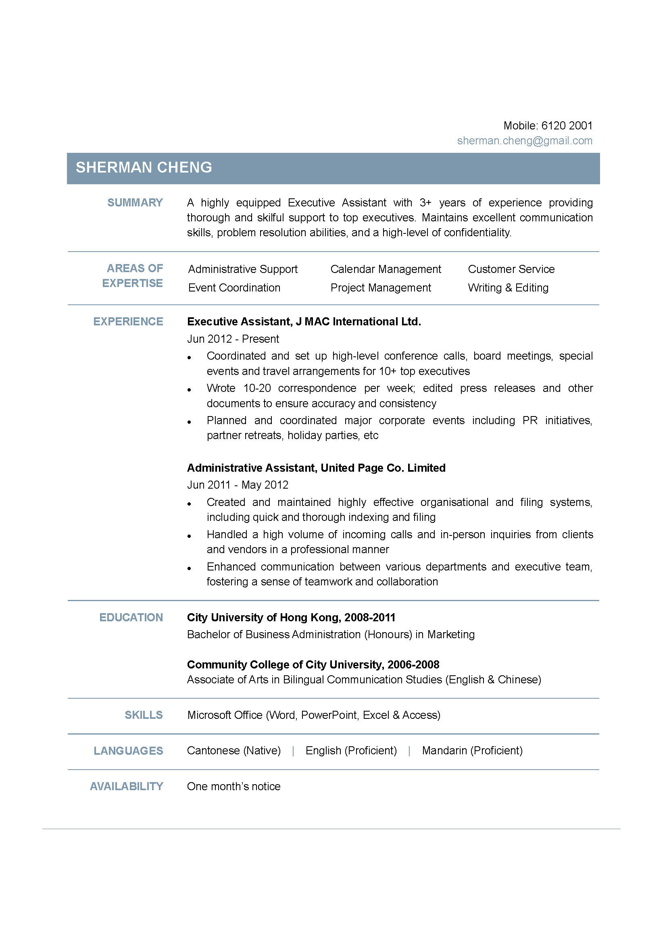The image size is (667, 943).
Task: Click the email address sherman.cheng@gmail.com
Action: point(525,141)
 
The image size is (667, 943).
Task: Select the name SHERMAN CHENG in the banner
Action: point(144,168)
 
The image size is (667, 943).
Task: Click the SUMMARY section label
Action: point(135,203)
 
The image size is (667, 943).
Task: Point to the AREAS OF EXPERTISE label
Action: point(133,276)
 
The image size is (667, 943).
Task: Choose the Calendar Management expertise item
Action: point(385,269)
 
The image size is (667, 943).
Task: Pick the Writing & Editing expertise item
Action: point(508,288)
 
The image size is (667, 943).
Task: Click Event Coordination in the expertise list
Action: point(234,288)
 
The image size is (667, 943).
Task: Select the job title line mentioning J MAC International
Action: point(304,322)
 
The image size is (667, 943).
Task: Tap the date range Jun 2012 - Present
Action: point(233,339)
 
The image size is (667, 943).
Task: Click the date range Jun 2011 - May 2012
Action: point(238,485)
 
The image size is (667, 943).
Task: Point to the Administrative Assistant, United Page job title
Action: point(316,468)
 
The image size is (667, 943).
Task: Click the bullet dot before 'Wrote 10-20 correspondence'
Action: point(190,390)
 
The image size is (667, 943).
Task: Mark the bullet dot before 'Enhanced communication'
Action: point(190,568)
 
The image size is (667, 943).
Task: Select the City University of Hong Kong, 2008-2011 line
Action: point(291,618)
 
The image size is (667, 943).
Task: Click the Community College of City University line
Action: point(313,665)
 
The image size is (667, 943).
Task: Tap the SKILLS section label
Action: point(143,716)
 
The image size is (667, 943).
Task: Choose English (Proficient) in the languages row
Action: point(351,751)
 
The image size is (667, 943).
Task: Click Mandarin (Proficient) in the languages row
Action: point(472,751)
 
